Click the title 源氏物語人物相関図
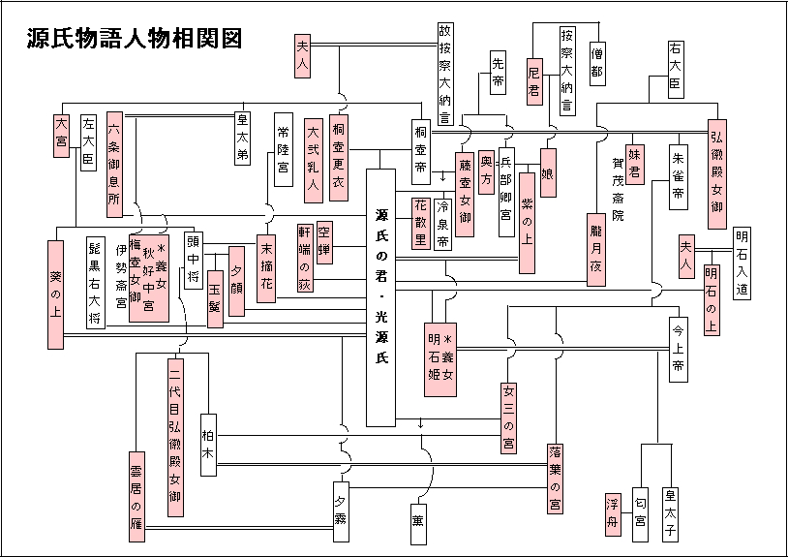[x=135, y=38]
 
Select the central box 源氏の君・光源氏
[x=381, y=297]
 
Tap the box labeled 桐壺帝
[x=421, y=152]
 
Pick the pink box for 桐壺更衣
[x=339, y=158]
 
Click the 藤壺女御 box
[x=465, y=194]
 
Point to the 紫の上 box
[x=527, y=223]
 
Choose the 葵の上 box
[x=56, y=294]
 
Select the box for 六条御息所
[x=114, y=165]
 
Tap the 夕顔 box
[x=237, y=281]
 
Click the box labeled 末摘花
[x=266, y=269]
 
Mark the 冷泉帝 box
[x=442, y=225]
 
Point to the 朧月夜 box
[x=596, y=249]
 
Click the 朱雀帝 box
[x=679, y=177]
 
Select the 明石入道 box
[x=742, y=263]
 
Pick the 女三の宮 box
[x=508, y=418]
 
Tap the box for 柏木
[x=208, y=445]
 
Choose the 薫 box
[x=418, y=524]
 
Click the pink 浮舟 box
[x=613, y=514]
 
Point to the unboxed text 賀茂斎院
[x=619, y=189]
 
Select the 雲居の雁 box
[x=136, y=497]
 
